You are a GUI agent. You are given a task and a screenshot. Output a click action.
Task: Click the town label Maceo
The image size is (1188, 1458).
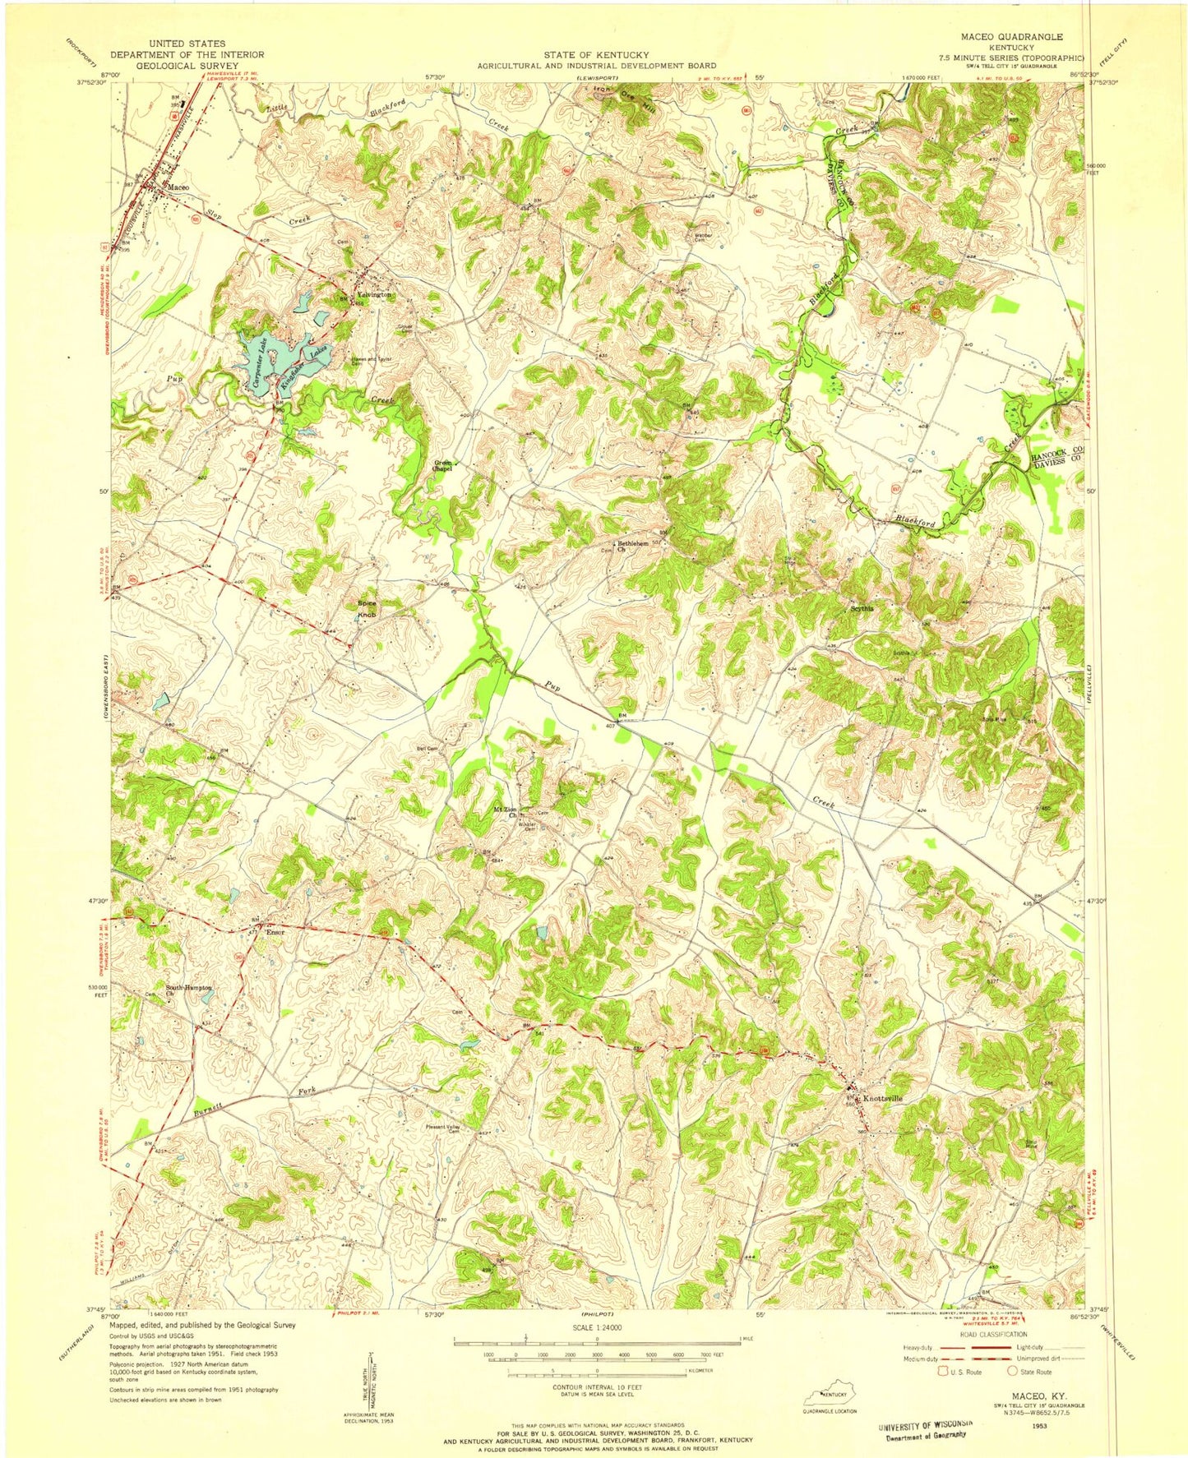pyautogui.click(x=178, y=187)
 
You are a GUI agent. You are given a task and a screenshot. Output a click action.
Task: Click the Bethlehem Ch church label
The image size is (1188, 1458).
pyautogui.click(x=630, y=547)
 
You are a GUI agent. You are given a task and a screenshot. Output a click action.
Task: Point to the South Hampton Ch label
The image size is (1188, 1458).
pyautogui.click(x=188, y=990)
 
